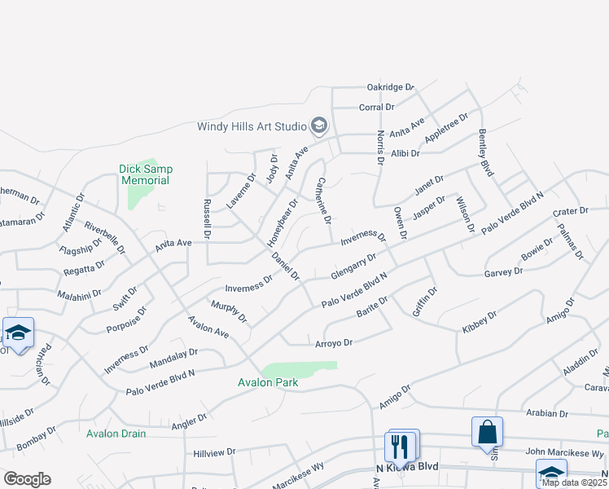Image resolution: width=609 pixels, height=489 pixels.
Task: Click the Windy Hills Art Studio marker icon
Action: coord(318,126)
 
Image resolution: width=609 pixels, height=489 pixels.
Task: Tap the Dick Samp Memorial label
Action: coord(146,174)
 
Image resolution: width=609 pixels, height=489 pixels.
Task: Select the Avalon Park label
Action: coord(268,382)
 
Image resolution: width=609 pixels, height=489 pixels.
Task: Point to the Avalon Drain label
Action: coord(116,434)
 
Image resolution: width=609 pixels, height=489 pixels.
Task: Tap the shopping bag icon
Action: coord(487,431)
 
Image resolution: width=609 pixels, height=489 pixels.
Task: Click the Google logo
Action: coord(27,479)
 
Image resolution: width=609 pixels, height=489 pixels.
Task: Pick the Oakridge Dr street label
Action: coord(391,86)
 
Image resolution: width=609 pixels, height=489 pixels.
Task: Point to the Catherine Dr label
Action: coord(324,200)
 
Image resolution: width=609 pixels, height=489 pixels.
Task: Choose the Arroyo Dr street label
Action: coord(334,343)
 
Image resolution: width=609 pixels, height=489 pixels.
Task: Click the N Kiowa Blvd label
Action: coord(407,467)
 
